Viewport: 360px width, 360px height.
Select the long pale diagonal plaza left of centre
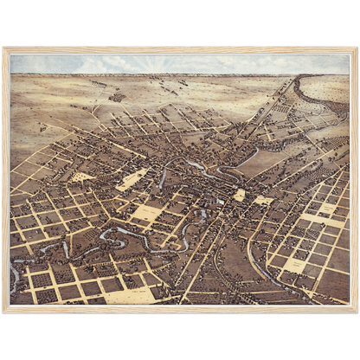(x=132, y=179)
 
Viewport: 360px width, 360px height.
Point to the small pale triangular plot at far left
(x=83, y=177)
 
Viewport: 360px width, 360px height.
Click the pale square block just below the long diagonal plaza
(x=147, y=212)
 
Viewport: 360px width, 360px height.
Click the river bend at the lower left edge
(x=15, y=277)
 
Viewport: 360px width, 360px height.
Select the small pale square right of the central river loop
(x=240, y=195)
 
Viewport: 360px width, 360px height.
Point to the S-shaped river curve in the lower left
(x=121, y=237)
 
